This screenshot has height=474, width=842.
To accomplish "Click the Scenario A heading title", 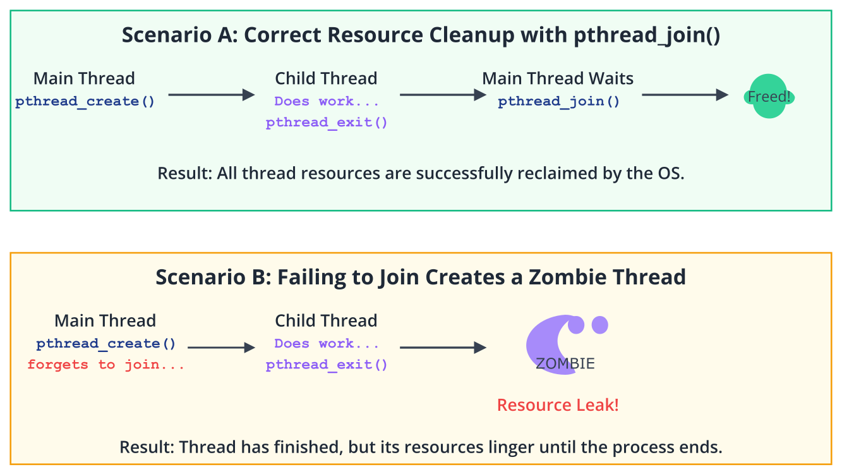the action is pyautogui.click(x=421, y=35).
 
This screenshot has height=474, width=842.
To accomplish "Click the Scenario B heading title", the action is pyautogui.click(x=421, y=277).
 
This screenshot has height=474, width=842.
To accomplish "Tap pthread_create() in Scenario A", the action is pyautogui.click(x=85, y=102).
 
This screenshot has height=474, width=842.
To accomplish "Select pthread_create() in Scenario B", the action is pyautogui.click(x=106, y=344).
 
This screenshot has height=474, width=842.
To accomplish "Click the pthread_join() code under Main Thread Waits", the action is pyautogui.click(x=558, y=102).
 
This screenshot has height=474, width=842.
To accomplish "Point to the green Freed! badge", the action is pyautogui.click(x=769, y=96).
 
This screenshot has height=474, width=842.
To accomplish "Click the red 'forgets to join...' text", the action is pyautogui.click(x=106, y=365).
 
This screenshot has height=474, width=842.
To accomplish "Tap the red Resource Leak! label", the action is pyautogui.click(x=558, y=405).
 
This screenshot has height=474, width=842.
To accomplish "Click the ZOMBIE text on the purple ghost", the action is pyautogui.click(x=565, y=364).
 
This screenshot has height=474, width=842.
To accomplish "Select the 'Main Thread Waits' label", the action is pyautogui.click(x=558, y=78).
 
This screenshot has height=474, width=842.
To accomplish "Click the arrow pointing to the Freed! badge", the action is pyautogui.click(x=685, y=95).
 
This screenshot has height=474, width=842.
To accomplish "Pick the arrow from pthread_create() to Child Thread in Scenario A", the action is pyautogui.click(x=212, y=95).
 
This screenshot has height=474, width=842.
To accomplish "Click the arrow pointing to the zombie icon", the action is pyautogui.click(x=443, y=348).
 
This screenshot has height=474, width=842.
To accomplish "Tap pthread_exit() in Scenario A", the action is pyautogui.click(x=327, y=123).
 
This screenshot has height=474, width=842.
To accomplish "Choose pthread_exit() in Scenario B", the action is pyautogui.click(x=327, y=365).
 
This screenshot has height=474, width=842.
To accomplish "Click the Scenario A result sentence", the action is pyautogui.click(x=421, y=173).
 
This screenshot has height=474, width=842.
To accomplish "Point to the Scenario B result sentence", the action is pyautogui.click(x=421, y=447).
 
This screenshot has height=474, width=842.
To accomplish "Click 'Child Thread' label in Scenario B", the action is pyautogui.click(x=326, y=321).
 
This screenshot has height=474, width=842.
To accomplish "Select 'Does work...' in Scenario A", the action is pyautogui.click(x=327, y=102).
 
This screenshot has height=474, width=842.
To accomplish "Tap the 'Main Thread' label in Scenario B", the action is pyautogui.click(x=105, y=321).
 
